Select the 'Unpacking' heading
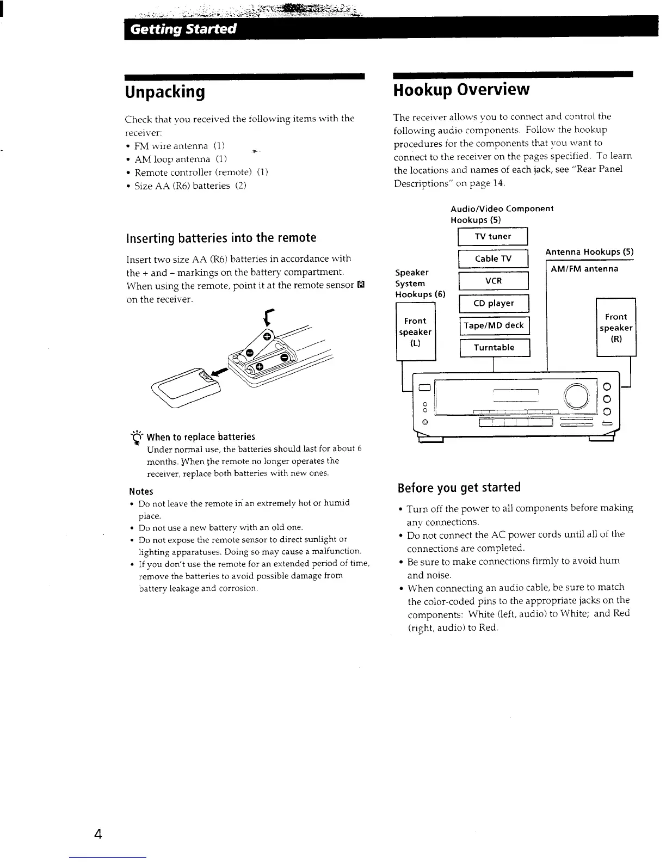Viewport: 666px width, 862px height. point(165,92)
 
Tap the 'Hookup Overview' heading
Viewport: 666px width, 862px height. point(461,89)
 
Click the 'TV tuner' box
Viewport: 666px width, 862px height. point(493,237)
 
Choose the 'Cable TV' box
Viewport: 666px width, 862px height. point(493,259)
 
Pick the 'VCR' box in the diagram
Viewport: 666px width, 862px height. point(493,281)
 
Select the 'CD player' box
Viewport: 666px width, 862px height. point(494,304)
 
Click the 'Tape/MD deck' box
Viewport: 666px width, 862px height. point(494,326)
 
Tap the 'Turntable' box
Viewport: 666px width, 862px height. point(494,348)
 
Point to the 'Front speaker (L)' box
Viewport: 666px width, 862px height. point(416,332)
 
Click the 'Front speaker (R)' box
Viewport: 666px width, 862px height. point(616,328)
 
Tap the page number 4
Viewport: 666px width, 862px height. point(98,834)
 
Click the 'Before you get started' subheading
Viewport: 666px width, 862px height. point(459,487)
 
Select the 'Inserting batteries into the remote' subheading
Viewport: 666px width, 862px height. point(221,238)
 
